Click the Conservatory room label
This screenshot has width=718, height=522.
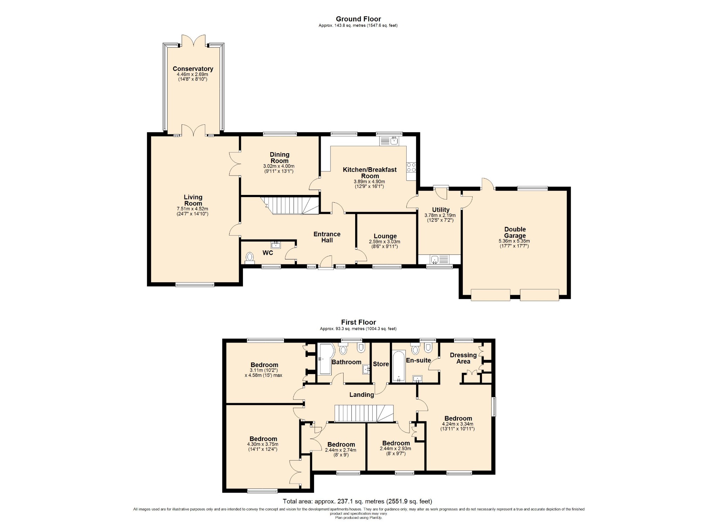pos(193,69)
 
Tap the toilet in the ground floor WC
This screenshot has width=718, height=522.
pos(250,258)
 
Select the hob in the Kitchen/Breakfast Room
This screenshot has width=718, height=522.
pos(411,168)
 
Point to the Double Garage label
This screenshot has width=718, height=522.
pos(515,232)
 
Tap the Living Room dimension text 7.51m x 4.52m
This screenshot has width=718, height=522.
pos(192,209)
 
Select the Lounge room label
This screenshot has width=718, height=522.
pos(385,236)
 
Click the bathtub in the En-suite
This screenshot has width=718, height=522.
pos(399,366)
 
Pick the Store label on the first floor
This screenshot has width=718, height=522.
pos(381,364)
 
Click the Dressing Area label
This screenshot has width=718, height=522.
pos(463,358)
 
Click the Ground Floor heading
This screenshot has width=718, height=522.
pos(358,19)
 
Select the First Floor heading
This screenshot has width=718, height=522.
pos(358,322)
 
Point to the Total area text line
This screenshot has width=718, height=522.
pos(358,501)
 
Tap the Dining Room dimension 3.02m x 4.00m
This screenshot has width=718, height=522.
pos(279,166)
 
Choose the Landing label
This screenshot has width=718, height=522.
pos(361,395)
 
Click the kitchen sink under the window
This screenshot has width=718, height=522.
pos(389,141)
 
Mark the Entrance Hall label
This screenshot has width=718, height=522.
pos(327,237)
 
